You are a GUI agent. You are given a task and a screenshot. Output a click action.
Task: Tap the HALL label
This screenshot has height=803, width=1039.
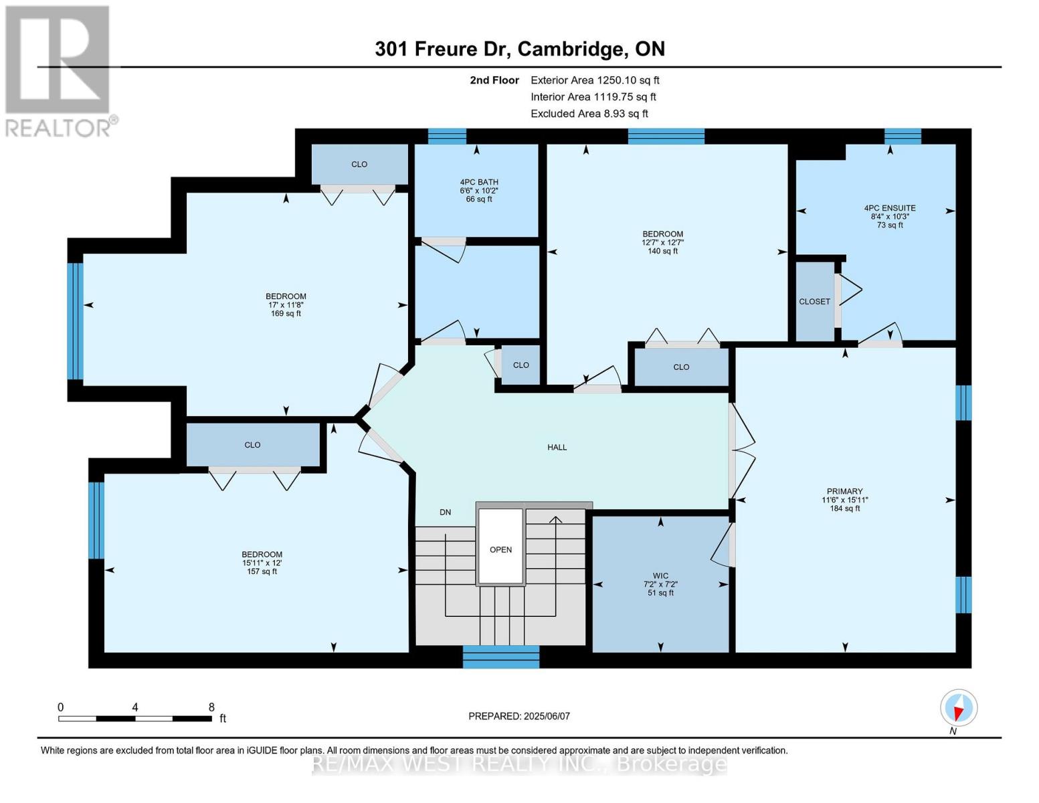click(557, 447)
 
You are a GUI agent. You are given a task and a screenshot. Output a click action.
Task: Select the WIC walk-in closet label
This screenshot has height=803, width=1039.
click(660, 575)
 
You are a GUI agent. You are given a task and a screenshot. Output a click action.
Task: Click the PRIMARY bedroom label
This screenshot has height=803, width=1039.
click(844, 491)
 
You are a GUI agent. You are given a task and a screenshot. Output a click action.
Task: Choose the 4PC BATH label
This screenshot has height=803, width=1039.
click(478, 182)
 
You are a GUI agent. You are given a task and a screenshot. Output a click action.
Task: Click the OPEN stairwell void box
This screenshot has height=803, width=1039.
click(500, 549)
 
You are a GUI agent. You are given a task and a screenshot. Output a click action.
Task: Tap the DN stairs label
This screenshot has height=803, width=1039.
click(445, 512)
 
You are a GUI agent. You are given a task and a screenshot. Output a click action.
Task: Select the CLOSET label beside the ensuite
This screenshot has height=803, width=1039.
click(814, 302)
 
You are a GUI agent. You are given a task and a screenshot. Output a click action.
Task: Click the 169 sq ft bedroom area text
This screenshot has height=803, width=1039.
click(286, 313)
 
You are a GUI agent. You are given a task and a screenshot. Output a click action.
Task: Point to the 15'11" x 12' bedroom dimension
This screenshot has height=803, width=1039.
click(262, 563)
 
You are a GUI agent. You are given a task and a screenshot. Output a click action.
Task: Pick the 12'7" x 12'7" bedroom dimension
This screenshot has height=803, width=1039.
click(662, 243)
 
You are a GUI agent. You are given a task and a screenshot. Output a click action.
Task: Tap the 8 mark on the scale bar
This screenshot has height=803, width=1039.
click(211, 707)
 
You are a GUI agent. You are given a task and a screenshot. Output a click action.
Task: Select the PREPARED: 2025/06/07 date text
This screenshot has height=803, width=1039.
click(519, 716)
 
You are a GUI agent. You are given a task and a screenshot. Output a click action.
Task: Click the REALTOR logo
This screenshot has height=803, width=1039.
click(59, 70)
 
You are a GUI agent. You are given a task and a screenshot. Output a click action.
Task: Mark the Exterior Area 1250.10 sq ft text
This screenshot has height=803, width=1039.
click(595, 80)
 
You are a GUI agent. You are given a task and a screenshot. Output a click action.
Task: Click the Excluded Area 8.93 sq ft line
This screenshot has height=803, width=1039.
click(589, 114)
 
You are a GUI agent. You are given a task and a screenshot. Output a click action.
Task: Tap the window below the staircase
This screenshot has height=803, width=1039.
click(501, 656)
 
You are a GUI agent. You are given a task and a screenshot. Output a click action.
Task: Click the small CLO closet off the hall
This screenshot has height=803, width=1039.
click(521, 365)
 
